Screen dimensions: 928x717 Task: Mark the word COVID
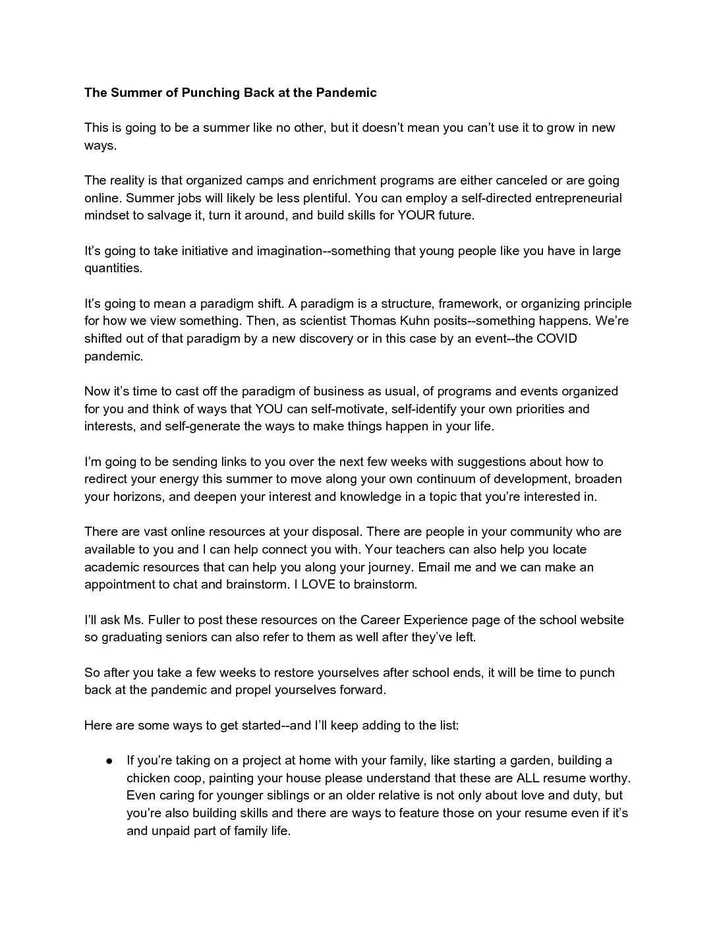coord(556,339)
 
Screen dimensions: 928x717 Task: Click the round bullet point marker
coord(111,761)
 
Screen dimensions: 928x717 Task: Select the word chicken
coord(148,778)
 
